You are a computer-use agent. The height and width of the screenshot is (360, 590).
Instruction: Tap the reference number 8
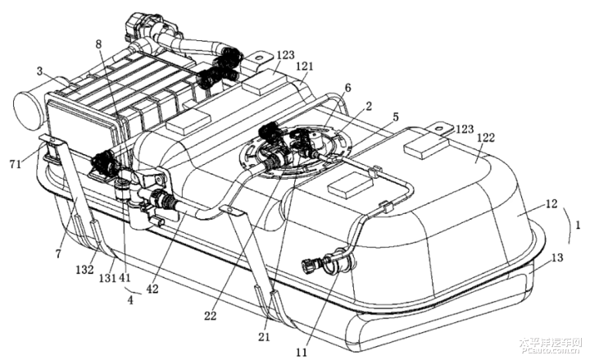pos(99,44)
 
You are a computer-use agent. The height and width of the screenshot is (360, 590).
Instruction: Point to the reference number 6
pos(348,87)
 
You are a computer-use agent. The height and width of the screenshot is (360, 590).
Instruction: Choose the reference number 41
pos(125,277)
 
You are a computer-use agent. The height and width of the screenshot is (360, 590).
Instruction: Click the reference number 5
pos(397,116)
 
